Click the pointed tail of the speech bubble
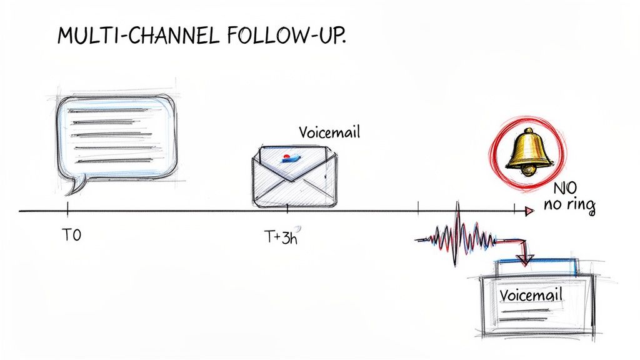76,186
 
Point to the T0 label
72,236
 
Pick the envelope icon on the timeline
294,176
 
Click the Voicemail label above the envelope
329,133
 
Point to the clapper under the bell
529,170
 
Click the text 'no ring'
569,207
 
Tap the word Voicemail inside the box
531,294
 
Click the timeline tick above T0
67,208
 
